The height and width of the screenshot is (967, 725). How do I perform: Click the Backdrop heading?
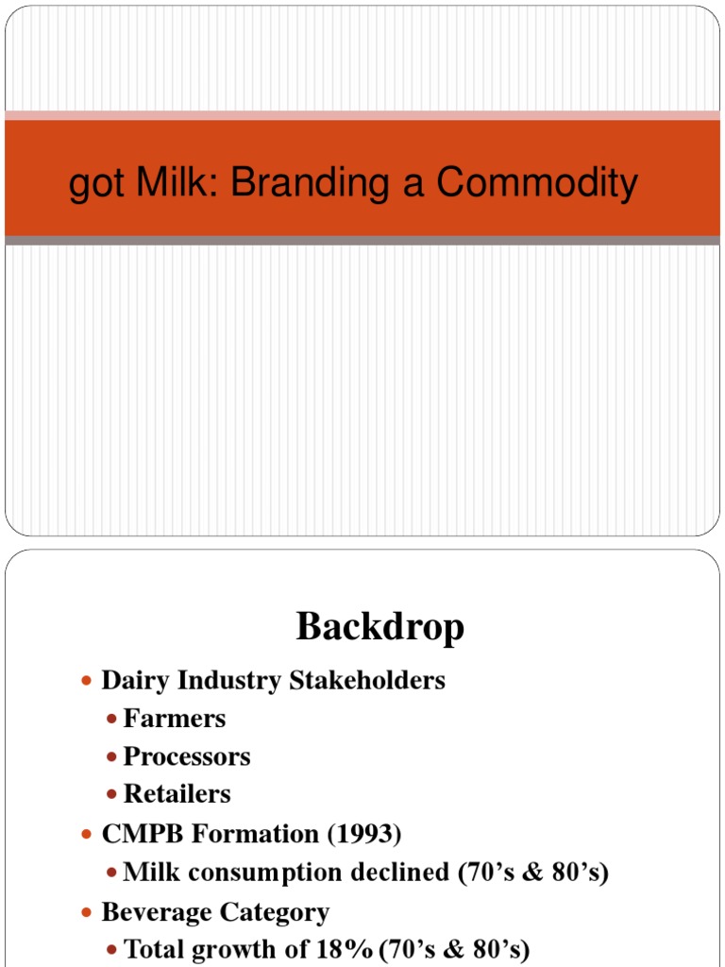[380, 626]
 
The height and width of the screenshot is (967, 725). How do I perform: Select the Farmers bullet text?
[175, 719]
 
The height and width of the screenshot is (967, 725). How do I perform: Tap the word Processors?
[187, 756]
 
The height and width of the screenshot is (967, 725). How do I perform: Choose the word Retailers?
[177, 794]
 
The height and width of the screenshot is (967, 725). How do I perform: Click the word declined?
[402, 873]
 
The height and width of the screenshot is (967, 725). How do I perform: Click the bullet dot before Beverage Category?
[89, 913]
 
